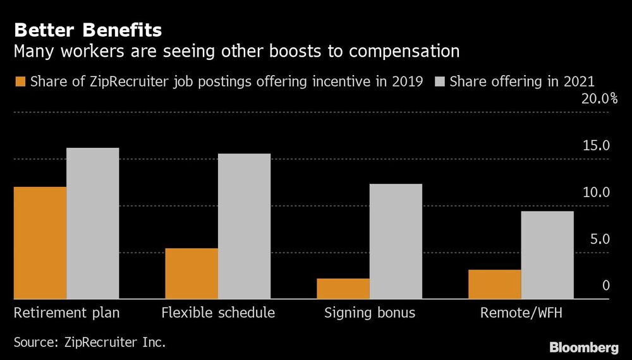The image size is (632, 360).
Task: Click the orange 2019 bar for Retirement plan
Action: (x=40, y=243)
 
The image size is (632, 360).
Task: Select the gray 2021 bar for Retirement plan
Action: (x=92, y=223)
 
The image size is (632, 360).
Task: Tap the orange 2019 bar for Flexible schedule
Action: (x=191, y=273)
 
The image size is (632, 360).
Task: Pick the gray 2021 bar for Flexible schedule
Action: (x=244, y=226)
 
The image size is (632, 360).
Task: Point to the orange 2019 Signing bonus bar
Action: (x=343, y=289)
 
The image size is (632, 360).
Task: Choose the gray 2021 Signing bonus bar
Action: (x=396, y=241)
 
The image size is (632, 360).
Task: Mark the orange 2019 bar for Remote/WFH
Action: (x=495, y=284)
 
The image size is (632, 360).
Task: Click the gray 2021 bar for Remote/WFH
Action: (x=547, y=255)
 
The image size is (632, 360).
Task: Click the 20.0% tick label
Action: (x=599, y=99)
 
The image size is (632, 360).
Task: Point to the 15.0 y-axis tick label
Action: (x=596, y=146)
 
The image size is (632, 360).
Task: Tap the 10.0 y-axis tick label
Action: (x=596, y=193)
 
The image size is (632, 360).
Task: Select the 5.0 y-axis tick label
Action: (x=599, y=239)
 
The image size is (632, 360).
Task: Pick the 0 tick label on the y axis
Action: (x=605, y=285)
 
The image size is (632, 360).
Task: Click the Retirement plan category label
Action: (x=66, y=313)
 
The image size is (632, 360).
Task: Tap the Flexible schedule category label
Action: (x=218, y=313)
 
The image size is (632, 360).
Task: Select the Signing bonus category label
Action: (x=370, y=313)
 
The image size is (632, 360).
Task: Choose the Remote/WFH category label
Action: (x=521, y=313)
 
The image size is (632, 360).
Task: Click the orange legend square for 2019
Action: (x=19, y=81)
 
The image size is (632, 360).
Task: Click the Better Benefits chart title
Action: (x=88, y=30)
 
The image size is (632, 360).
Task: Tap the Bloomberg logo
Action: (x=583, y=347)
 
